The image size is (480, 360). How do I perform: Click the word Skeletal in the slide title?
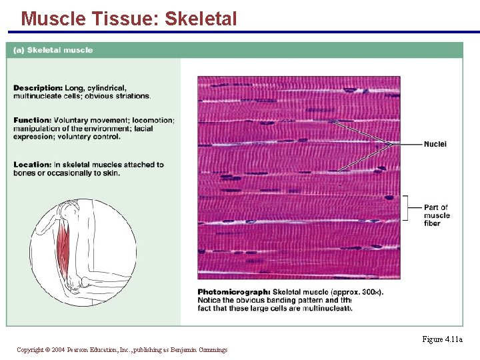click(200, 19)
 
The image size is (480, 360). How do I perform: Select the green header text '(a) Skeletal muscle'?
click(53, 50)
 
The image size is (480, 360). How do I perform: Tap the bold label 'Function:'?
click(32, 121)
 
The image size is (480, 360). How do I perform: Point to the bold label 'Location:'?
click(32, 165)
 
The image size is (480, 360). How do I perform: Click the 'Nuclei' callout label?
click(435, 144)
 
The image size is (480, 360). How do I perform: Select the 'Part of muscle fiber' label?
click(437, 215)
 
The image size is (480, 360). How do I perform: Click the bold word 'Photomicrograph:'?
click(234, 292)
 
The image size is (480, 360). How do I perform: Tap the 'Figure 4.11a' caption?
click(442, 339)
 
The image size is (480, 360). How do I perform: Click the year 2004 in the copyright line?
click(57, 350)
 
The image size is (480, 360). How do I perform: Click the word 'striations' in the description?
click(132, 96)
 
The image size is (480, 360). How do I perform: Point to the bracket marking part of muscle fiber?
click(405, 208)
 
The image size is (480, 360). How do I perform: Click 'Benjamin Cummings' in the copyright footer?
click(203, 350)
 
